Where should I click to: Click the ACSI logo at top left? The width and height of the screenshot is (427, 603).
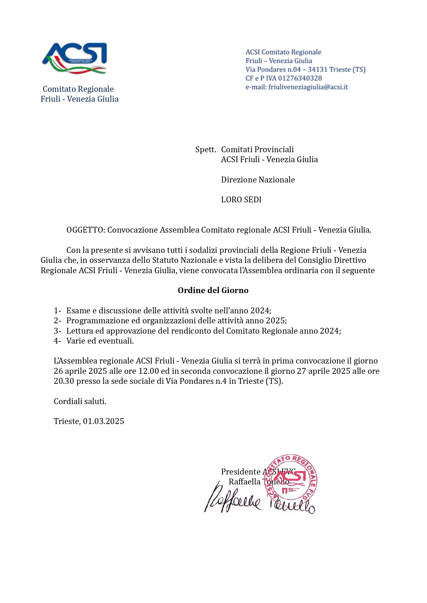pos(75,58)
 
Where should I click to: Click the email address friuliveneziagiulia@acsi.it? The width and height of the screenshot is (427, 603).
pos(308,87)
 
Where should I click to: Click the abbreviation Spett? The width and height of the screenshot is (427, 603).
pos(206,149)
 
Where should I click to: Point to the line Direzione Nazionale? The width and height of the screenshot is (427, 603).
pos(258,180)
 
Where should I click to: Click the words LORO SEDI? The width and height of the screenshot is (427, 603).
pos(241,200)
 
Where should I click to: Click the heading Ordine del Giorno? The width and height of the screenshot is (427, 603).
pos(213,290)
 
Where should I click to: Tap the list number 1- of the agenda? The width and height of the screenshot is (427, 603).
pos(57,311)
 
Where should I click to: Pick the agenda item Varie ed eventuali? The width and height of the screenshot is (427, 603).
pos(100,341)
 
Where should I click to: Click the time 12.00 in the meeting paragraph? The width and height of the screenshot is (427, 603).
pos(149,371)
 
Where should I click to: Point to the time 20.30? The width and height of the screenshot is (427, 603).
pos(64,381)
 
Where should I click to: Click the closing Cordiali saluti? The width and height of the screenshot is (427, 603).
pos(80,401)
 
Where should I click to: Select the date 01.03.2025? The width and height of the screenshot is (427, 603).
pos(103,421)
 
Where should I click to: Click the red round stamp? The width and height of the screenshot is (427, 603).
pos(292,478)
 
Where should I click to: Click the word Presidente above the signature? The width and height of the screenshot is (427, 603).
pos(241,472)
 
